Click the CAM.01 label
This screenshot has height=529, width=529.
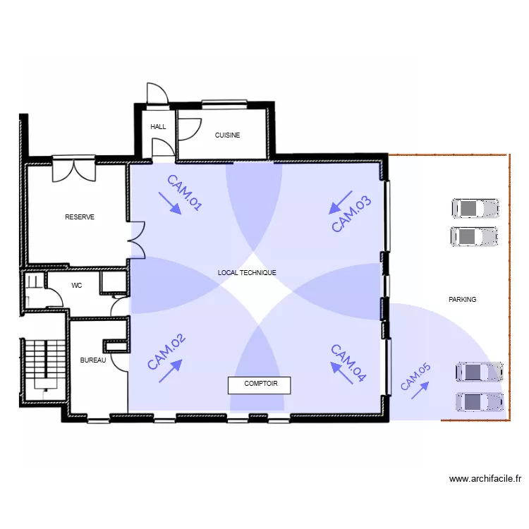click(185, 193)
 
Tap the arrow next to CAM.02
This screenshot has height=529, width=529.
click(171, 371)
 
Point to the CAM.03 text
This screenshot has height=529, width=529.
click(351, 214)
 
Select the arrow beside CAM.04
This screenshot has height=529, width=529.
click(341, 373)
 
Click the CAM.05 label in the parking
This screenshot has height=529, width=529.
click(415, 377)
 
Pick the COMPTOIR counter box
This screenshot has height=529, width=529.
click(259, 385)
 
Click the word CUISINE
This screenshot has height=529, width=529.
click(227, 135)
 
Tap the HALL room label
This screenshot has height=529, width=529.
click(158, 127)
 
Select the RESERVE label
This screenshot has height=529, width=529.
click(80, 217)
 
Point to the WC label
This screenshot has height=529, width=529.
click(77, 286)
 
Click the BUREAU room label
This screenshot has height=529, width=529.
click(93, 360)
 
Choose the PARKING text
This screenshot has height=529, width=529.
click(462, 300)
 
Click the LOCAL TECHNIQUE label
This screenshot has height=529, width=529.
click(247, 272)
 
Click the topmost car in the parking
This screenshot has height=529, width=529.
click(475, 209)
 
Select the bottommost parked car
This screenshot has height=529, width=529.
click(480, 402)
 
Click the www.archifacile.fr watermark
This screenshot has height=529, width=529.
click(485, 479)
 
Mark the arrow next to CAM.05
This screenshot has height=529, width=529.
click(420, 390)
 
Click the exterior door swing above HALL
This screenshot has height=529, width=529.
click(157, 93)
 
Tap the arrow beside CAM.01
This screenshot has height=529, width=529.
click(170, 203)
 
